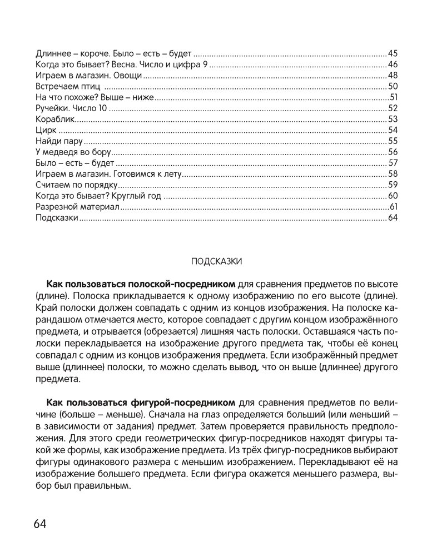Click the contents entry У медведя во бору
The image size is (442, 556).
73,152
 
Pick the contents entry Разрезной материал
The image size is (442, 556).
77,206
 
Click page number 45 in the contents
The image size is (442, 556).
393,54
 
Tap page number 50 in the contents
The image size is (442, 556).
393,86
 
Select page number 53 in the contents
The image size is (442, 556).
393,119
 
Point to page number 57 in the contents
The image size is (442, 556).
393,162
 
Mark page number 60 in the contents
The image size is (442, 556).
393,195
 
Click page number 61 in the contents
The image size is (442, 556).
394,206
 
